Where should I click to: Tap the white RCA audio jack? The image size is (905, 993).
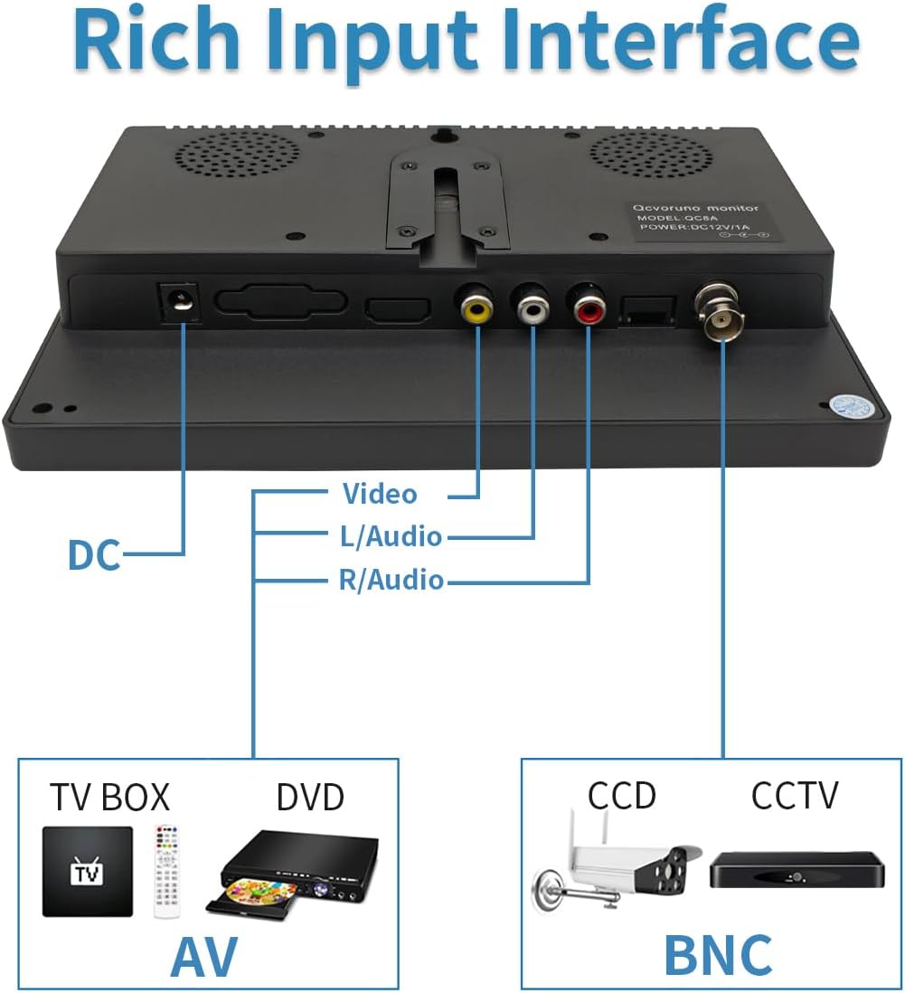click(533, 310)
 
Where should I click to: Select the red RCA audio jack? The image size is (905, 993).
click(589, 310)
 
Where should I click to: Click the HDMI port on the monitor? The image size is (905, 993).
click(396, 309)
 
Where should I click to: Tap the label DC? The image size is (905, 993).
click(94, 555)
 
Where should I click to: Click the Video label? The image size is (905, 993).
click(380, 494)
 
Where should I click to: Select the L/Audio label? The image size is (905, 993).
click(391, 536)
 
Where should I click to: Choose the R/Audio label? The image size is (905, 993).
click(391, 580)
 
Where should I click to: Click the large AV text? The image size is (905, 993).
click(204, 957)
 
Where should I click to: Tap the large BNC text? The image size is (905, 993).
click(719, 955)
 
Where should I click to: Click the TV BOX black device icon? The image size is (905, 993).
click(87, 871)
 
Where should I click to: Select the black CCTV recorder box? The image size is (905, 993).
click(794, 869)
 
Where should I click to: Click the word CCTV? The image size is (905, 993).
click(794, 796)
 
